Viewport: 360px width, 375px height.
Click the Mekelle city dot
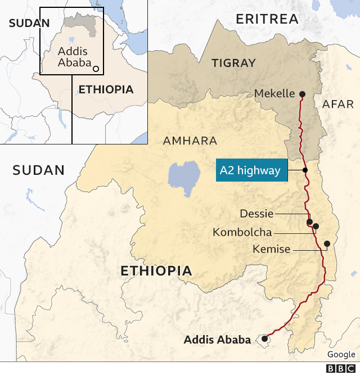302,94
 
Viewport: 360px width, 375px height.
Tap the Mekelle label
274,94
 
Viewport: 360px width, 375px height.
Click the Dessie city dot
309,223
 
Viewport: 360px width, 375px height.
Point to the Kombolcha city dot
316,227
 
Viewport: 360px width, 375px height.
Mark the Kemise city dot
327,243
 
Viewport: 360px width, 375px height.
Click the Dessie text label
256,214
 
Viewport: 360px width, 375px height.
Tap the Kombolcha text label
242,232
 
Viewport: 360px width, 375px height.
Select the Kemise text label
272,249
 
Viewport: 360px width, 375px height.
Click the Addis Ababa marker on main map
264,338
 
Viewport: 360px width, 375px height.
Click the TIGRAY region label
233,63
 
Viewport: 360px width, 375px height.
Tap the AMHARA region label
190,141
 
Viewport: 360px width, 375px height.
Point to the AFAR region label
338,104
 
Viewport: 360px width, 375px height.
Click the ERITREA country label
267,19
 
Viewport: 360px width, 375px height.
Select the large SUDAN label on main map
39,170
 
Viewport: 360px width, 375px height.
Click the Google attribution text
341,354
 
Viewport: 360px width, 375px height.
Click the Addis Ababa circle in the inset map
96,69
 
